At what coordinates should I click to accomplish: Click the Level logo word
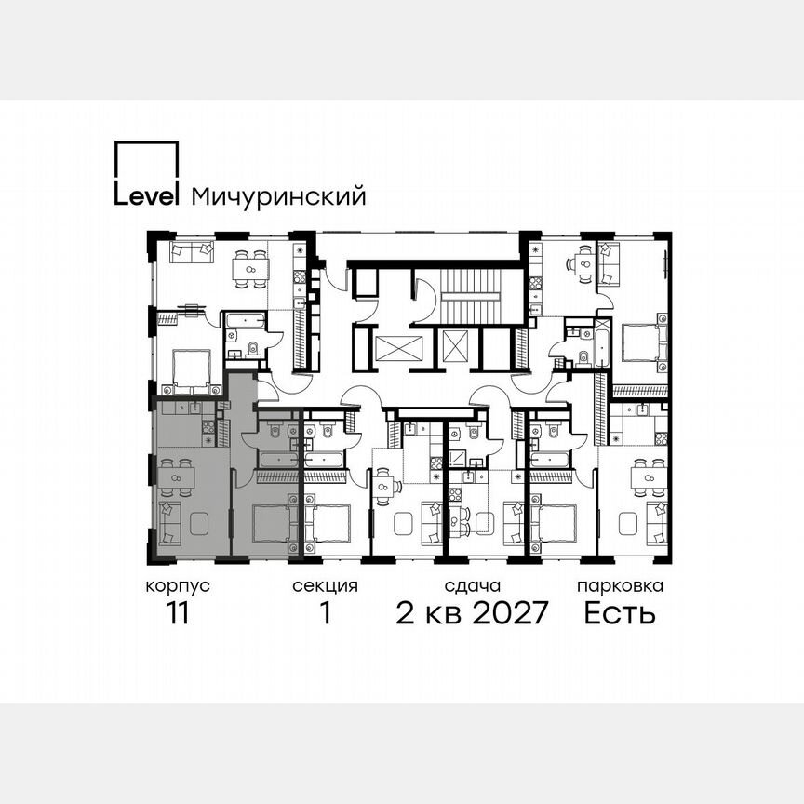pyautogui.click(x=146, y=196)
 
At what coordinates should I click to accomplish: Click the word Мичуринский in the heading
pyautogui.click(x=277, y=197)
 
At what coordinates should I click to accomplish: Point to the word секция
pyautogui.click(x=325, y=586)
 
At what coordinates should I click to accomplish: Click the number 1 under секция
pyautogui.click(x=325, y=614)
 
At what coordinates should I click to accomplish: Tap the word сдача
pyautogui.click(x=473, y=586)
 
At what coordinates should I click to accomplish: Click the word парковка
pyautogui.click(x=620, y=586)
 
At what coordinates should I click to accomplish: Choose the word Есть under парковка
pyautogui.click(x=620, y=614)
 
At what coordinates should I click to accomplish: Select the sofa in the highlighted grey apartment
pyautogui.click(x=168, y=524)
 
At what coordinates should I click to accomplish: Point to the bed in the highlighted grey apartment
pyautogui.click(x=273, y=523)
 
